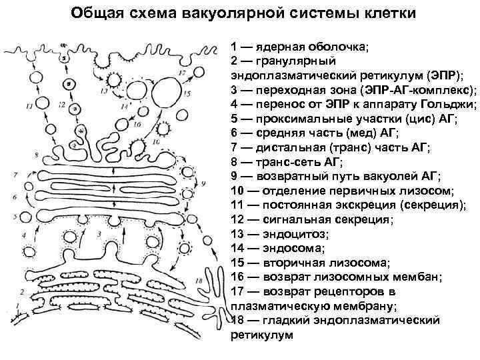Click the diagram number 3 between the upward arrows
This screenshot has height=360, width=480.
[x=99, y=235]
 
